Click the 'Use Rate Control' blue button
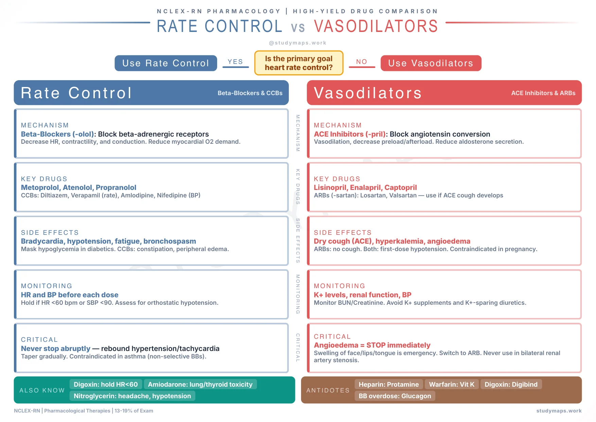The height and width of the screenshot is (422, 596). click(x=166, y=63)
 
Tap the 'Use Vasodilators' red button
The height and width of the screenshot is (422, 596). click(x=431, y=63)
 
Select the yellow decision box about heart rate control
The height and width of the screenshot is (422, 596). click(x=299, y=63)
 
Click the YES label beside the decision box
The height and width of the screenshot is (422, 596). click(x=235, y=62)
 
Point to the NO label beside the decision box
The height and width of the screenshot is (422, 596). click(x=362, y=62)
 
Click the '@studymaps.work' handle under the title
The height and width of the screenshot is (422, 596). click(x=298, y=43)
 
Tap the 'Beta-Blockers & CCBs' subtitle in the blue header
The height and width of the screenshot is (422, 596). click(x=250, y=93)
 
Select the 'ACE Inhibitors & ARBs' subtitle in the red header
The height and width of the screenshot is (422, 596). click(x=543, y=93)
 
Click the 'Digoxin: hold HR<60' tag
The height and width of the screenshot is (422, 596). click(x=106, y=384)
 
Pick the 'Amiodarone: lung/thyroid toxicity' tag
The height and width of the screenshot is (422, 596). click(x=200, y=384)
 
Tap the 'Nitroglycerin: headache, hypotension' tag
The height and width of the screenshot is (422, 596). click(x=132, y=396)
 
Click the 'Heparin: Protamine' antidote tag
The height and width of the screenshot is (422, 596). click(x=389, y=384)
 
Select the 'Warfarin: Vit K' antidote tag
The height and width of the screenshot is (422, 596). click(x=452, y=384)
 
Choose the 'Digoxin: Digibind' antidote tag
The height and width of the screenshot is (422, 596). click(x=511, y=384)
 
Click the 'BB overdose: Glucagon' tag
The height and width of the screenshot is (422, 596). click(x=395, y=396)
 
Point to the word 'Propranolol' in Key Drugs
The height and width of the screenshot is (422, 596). click(x=116, y=188)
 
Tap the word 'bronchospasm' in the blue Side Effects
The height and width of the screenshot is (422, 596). click(x=170, y=241)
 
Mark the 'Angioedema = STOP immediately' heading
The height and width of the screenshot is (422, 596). click(x=372, y=345)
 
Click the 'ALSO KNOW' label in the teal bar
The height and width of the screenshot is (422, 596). click(x=42, y=390)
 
